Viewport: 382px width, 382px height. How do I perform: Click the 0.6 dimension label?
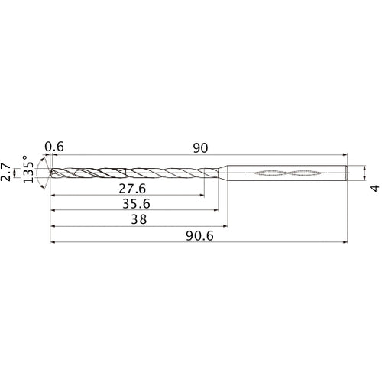54,147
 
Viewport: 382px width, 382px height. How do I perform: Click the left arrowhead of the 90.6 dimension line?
53,242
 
